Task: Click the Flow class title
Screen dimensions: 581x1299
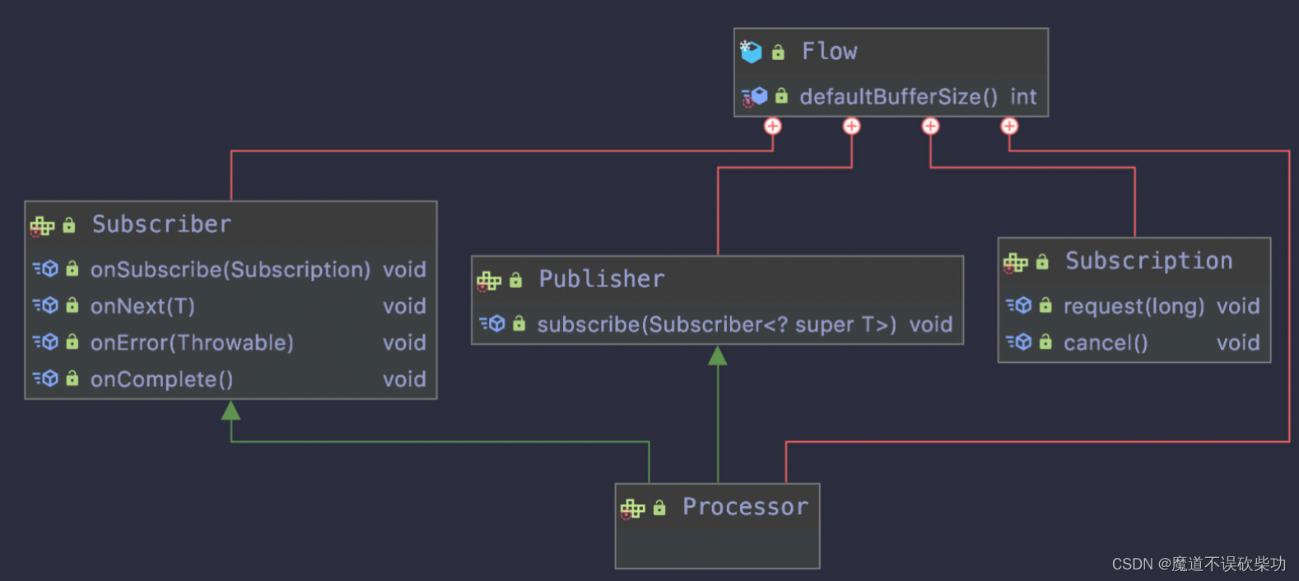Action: pos(829,52)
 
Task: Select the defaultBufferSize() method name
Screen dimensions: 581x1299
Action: pos(898,97)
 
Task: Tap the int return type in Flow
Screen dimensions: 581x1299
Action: pos(1023,97)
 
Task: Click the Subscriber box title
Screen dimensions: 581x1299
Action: pos(161,224)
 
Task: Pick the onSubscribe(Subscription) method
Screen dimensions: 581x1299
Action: pos(230,270)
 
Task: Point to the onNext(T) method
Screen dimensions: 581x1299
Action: pos(142,306)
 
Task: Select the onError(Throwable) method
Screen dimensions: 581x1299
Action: pos(192,342)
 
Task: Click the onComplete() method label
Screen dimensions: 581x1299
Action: pos(161,379)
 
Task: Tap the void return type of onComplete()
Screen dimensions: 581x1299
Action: pos(404,379)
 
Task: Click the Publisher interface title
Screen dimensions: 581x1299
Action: pos(601,279)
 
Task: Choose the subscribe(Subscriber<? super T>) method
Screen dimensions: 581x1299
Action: pos(716,325)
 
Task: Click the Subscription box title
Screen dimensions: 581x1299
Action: pos(1148,261)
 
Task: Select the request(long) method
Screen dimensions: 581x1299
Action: pos(1134,306)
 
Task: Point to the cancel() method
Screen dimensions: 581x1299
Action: pos(1105,343)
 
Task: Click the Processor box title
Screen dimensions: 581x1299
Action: pos(745,507)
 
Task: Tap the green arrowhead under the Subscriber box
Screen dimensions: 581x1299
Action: pos(231,411)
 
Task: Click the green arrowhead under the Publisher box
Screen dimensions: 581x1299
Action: pos(718,356)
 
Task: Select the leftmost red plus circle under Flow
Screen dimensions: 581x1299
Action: pos(772,126)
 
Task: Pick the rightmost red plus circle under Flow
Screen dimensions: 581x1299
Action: pos(1009,126)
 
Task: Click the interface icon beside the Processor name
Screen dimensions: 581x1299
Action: pos(632,509)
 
